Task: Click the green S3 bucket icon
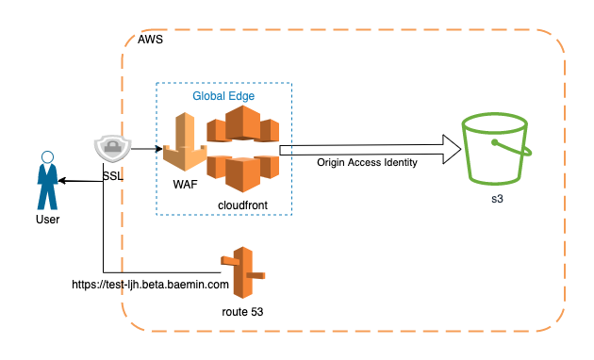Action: [x=496, y=149]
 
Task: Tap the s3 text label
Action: [x=497, y=199]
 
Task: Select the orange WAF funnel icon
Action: [x=185, y=141]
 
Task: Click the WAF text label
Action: [x=185, y=185]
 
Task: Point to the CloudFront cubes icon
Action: [x=243, y=149]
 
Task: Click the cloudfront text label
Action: [x=242, y=205]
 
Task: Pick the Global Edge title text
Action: [x=223, y=96]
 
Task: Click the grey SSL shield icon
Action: [x=112, y=148]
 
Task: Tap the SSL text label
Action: [x=113, y=176]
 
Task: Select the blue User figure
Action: [x=47, y=180]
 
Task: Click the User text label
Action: [x=47, y=220]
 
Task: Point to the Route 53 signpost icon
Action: [x=243, y=272]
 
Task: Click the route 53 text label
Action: [x=242, y=312]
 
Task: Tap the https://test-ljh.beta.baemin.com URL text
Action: [x=151, y=285]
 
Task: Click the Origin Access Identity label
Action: [x=367, y=162]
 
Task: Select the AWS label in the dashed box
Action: [x=150, y=40]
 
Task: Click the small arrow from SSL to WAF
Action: [x=147, y=149]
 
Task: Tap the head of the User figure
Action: [x=47, y=156]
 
